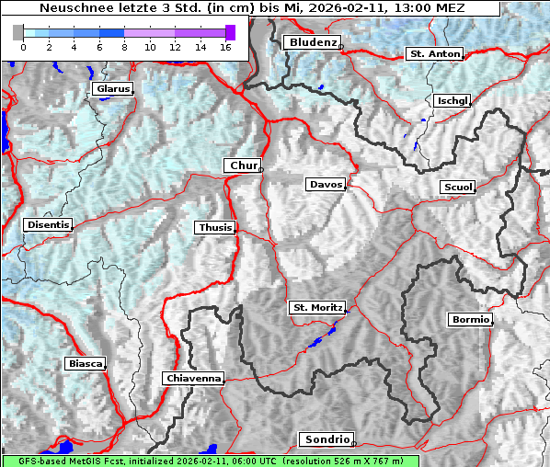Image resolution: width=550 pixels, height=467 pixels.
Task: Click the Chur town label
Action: click(x=244, y=165)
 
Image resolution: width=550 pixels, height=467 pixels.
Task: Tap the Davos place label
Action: click(x=326, y=185)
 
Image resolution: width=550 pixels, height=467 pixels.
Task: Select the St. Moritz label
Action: click(x=317, y=307)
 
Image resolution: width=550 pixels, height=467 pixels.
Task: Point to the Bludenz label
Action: click(x=312, y=42)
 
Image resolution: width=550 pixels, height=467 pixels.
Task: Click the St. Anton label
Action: click(x=434, y=54)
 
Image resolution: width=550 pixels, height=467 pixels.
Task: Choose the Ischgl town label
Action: click(x=453, y=100)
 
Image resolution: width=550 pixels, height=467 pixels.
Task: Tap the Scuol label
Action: click(x=458, y=188)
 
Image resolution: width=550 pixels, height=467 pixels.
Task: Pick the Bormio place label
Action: click(x=470, y=320)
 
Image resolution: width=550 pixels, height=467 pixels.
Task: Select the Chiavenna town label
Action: click(x=193, y=378)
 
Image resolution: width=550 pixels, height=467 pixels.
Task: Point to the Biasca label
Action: click(x=85, y=364)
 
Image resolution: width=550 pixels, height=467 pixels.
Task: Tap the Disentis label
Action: click(x=48, y=224)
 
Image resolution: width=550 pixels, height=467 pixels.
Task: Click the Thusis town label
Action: click(x=215, y=227)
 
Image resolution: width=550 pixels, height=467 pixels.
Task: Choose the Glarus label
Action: click(x=111, y=89)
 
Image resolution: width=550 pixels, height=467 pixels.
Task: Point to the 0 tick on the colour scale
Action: click(x=23, y=46)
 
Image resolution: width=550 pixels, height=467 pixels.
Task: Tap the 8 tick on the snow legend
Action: click(x=124, y=46)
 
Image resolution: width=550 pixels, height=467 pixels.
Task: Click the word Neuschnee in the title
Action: click(x=69, y=8)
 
